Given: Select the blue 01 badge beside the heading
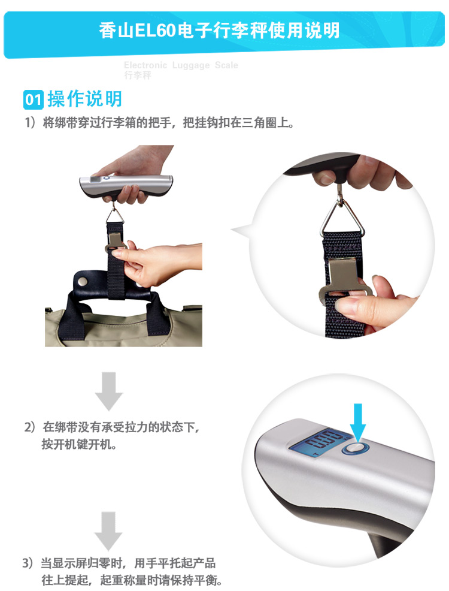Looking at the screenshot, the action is (x=34, y=100).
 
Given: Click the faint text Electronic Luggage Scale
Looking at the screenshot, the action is (x=181, y=65).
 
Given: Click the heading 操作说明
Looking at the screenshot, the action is (x=84, y=99).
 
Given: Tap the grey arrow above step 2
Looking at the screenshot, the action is (x=109, y=391).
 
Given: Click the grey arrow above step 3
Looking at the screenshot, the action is (x=108, y=531).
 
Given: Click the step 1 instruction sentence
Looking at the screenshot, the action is (x=160, y=123).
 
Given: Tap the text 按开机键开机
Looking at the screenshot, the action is (x=79, y=444).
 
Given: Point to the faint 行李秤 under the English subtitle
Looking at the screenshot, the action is (x=138, y=76).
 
